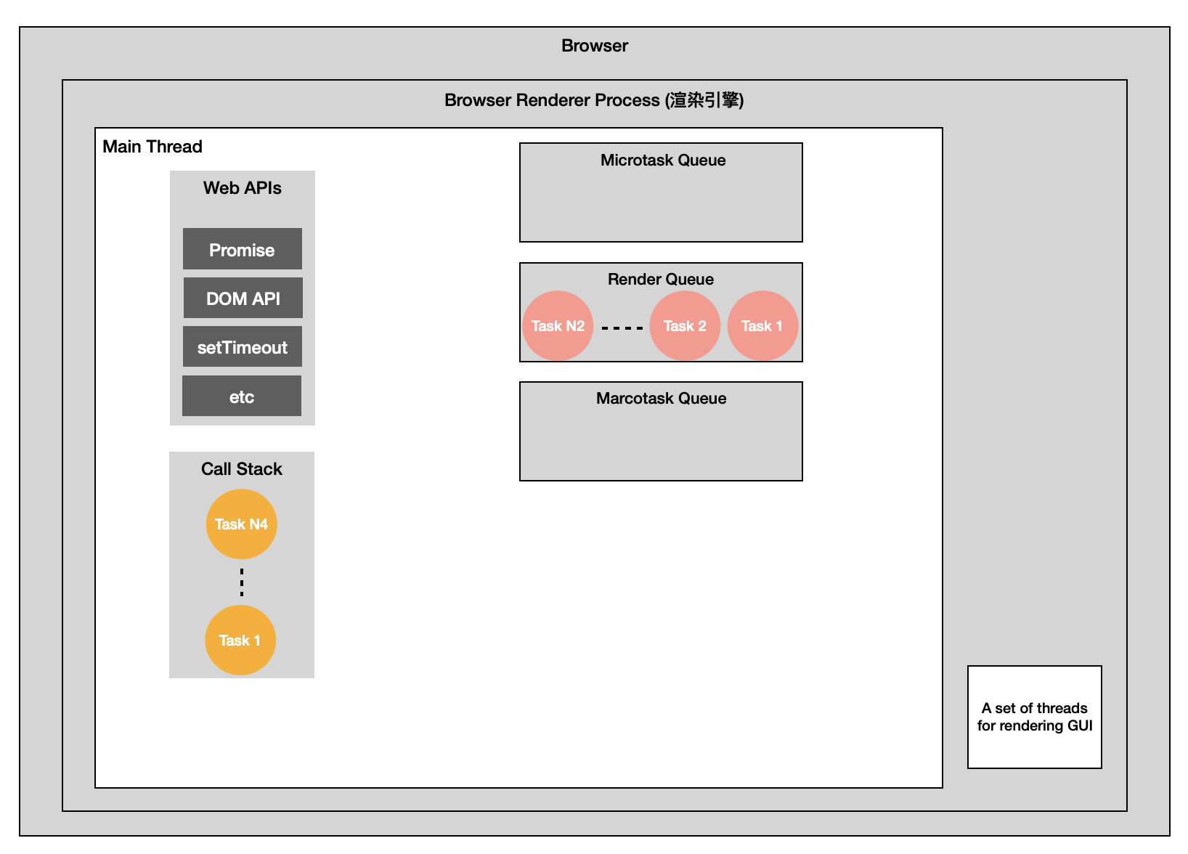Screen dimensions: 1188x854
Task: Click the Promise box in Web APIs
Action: (x=243, y=249)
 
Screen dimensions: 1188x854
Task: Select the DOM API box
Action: (x=243, y=298)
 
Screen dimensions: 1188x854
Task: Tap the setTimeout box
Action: (x=243, y=346)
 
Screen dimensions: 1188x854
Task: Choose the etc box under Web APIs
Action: (x=242, y=396)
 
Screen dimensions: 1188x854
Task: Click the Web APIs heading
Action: (x=243, y=188)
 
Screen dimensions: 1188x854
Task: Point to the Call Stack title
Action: (x=241, y=469)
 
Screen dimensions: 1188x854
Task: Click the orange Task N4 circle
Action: (x=241, y=524)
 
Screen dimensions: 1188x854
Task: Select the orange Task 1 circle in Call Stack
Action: (x=240, y=640)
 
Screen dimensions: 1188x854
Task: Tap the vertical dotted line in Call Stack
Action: (x=242, y=582)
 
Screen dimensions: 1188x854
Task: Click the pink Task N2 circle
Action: (x=558, y=325)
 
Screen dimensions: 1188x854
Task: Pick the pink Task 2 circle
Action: (x=685, y=325)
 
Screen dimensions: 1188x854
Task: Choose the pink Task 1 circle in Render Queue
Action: (x=762, y=325)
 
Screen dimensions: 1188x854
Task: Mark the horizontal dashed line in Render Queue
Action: (x=622, y=328)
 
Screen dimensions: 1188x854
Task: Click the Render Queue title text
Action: (x=661, y=279)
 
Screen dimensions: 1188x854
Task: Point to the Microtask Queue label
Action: (x=663, y=160)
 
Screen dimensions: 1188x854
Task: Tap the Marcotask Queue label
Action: (x=662, y=399)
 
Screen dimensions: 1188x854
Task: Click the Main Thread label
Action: (x=152, y=147)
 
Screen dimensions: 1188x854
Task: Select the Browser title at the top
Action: (x=595, y=46)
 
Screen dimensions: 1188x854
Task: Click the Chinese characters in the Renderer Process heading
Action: (x=704, y=99)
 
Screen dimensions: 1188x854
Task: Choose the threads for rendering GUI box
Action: (x=1035, y=717)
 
